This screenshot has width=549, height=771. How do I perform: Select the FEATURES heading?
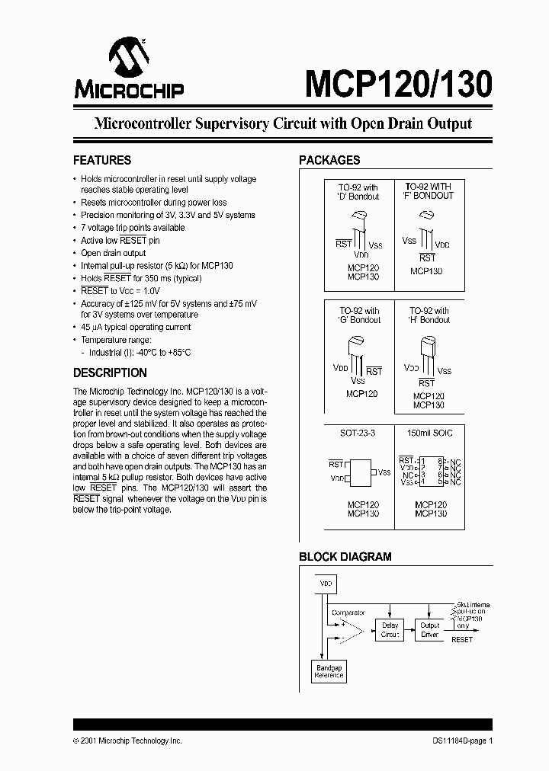coord(101,161)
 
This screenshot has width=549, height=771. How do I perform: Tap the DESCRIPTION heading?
coord(110,373)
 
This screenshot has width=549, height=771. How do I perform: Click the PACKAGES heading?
coord(329,161)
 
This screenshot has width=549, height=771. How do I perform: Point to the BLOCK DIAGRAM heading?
coord(345,557)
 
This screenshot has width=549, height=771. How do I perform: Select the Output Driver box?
coord(430,630)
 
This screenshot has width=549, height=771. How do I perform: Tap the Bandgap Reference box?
coord(329,672)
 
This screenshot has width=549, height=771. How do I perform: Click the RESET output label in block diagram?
coord(462,640)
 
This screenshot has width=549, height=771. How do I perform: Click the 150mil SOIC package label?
coord(430,433)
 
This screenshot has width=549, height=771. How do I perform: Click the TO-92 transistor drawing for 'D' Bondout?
coord(358,227)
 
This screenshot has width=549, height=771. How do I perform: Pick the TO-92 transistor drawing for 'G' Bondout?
coord(357,351)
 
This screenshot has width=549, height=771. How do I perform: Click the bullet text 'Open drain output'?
coord(113,253)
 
